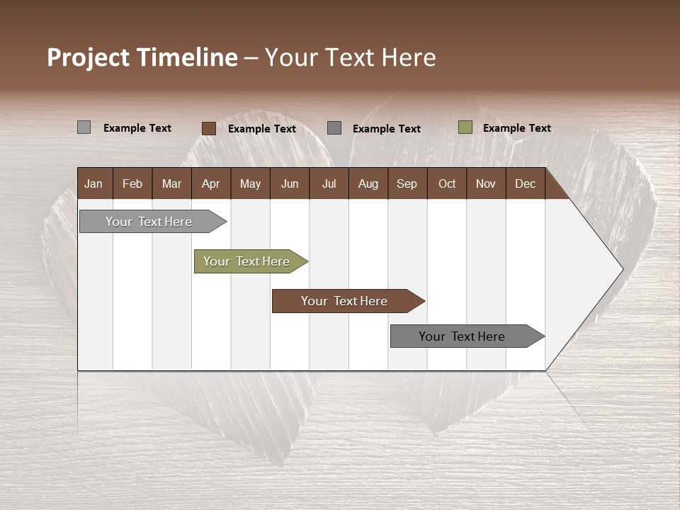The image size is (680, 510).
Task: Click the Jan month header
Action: click(94, 183)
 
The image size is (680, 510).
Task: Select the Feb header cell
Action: click(132, 183)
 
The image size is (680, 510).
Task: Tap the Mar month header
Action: click(171, 183)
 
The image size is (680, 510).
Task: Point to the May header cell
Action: click(250, 183)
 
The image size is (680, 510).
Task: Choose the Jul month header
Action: click(329, 183)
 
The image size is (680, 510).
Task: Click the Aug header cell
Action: click(368, 183)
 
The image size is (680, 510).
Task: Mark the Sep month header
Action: click(407, 183)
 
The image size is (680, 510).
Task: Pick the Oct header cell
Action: click(446, 183)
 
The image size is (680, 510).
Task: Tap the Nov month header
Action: click(485, 183)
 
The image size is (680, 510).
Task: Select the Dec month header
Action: click(525, 183)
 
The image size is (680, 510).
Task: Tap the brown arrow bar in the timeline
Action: click(345, 301)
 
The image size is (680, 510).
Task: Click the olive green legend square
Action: click(465, 127)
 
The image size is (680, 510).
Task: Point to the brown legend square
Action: click(208, 128)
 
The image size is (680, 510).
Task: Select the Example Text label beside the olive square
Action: click(516, 127)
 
